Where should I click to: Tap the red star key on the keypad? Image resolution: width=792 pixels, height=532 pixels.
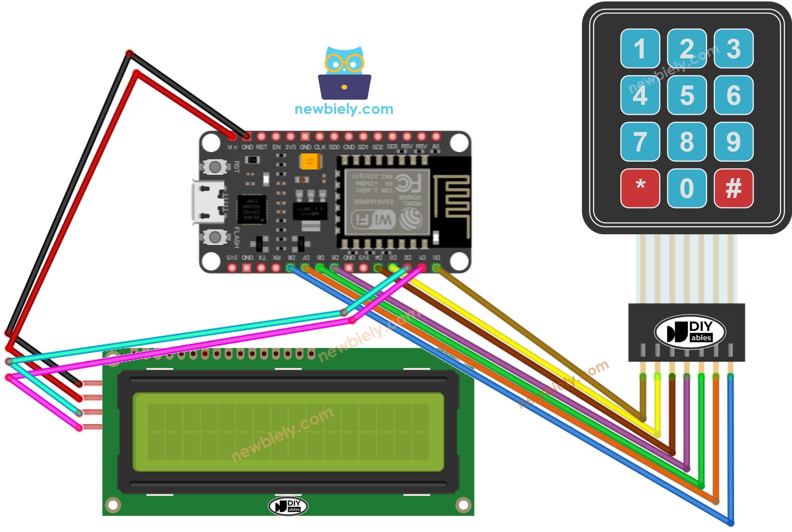[x=640, y=188]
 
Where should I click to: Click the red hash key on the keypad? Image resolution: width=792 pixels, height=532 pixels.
[x=733, y=188]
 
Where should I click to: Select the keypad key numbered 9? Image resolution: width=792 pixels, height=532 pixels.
[x=733, y=142]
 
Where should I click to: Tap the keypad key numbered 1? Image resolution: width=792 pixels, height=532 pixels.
[x=640, y=48]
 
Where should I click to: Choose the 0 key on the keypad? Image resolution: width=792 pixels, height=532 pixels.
[x=687, y=188]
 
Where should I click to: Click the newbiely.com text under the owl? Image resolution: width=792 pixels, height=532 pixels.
[x=344, y=109]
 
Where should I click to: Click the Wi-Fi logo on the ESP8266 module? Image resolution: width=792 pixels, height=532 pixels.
[x=373, y=220]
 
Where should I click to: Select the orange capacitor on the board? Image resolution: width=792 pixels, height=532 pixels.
[x=310, y=162]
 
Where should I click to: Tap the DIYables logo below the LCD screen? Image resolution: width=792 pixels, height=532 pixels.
[x=288, y=506]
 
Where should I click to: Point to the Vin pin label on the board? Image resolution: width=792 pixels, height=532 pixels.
[x=232, y=147]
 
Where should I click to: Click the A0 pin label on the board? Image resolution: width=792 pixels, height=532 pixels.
[x=436, y=147]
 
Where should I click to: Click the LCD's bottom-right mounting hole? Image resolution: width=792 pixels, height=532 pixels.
[x=463, y=504]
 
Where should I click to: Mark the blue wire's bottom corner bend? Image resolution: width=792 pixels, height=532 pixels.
[x=730, y=523]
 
